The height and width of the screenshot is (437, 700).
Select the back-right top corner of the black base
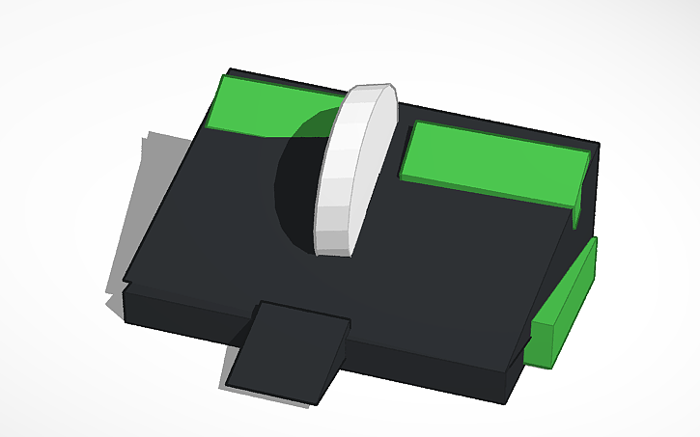click(597, 146)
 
